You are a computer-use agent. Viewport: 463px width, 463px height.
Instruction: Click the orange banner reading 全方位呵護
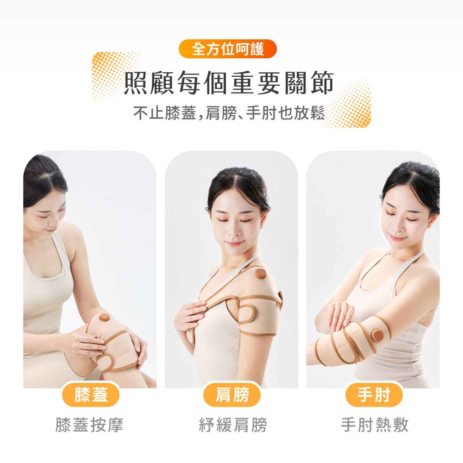pyautogui.click(x=228, y=49)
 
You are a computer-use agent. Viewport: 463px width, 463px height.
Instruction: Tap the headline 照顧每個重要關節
pyautogui.click(x=229, y=83)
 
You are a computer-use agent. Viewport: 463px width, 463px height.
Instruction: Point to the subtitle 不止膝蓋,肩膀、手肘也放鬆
pyautogui.click(x=229, y=113)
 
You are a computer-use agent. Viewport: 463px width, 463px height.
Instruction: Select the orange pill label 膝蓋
pyautogui.click(x=91, y=394)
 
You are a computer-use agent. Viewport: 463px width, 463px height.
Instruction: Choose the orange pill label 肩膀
pyautogui.click(x=232, y=394)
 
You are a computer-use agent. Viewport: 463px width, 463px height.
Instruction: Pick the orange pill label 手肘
pyautogui.click(x=374, y=394)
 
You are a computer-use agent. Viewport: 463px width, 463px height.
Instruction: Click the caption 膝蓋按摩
pyautogui.click(x=89, y=425)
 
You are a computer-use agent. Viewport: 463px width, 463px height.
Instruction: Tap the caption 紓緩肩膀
pyautogui.click(x=233, y=425)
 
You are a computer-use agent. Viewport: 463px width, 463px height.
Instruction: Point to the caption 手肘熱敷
pyautogui.click(x=375, y=425)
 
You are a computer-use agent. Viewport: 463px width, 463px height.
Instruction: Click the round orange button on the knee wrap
pyautogui.click(x=104, y=318)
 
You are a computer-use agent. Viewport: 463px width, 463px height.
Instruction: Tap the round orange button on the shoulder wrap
pyautogui.click(x=260, y=274)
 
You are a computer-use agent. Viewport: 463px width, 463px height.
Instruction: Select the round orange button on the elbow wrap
pyautogui.click(x=378, y=335)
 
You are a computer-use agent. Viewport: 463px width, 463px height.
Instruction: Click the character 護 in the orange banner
pyautogui.click(x=257, y=49)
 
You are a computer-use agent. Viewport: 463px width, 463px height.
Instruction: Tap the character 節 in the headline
pyautogui.click(x=322, y=83)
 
